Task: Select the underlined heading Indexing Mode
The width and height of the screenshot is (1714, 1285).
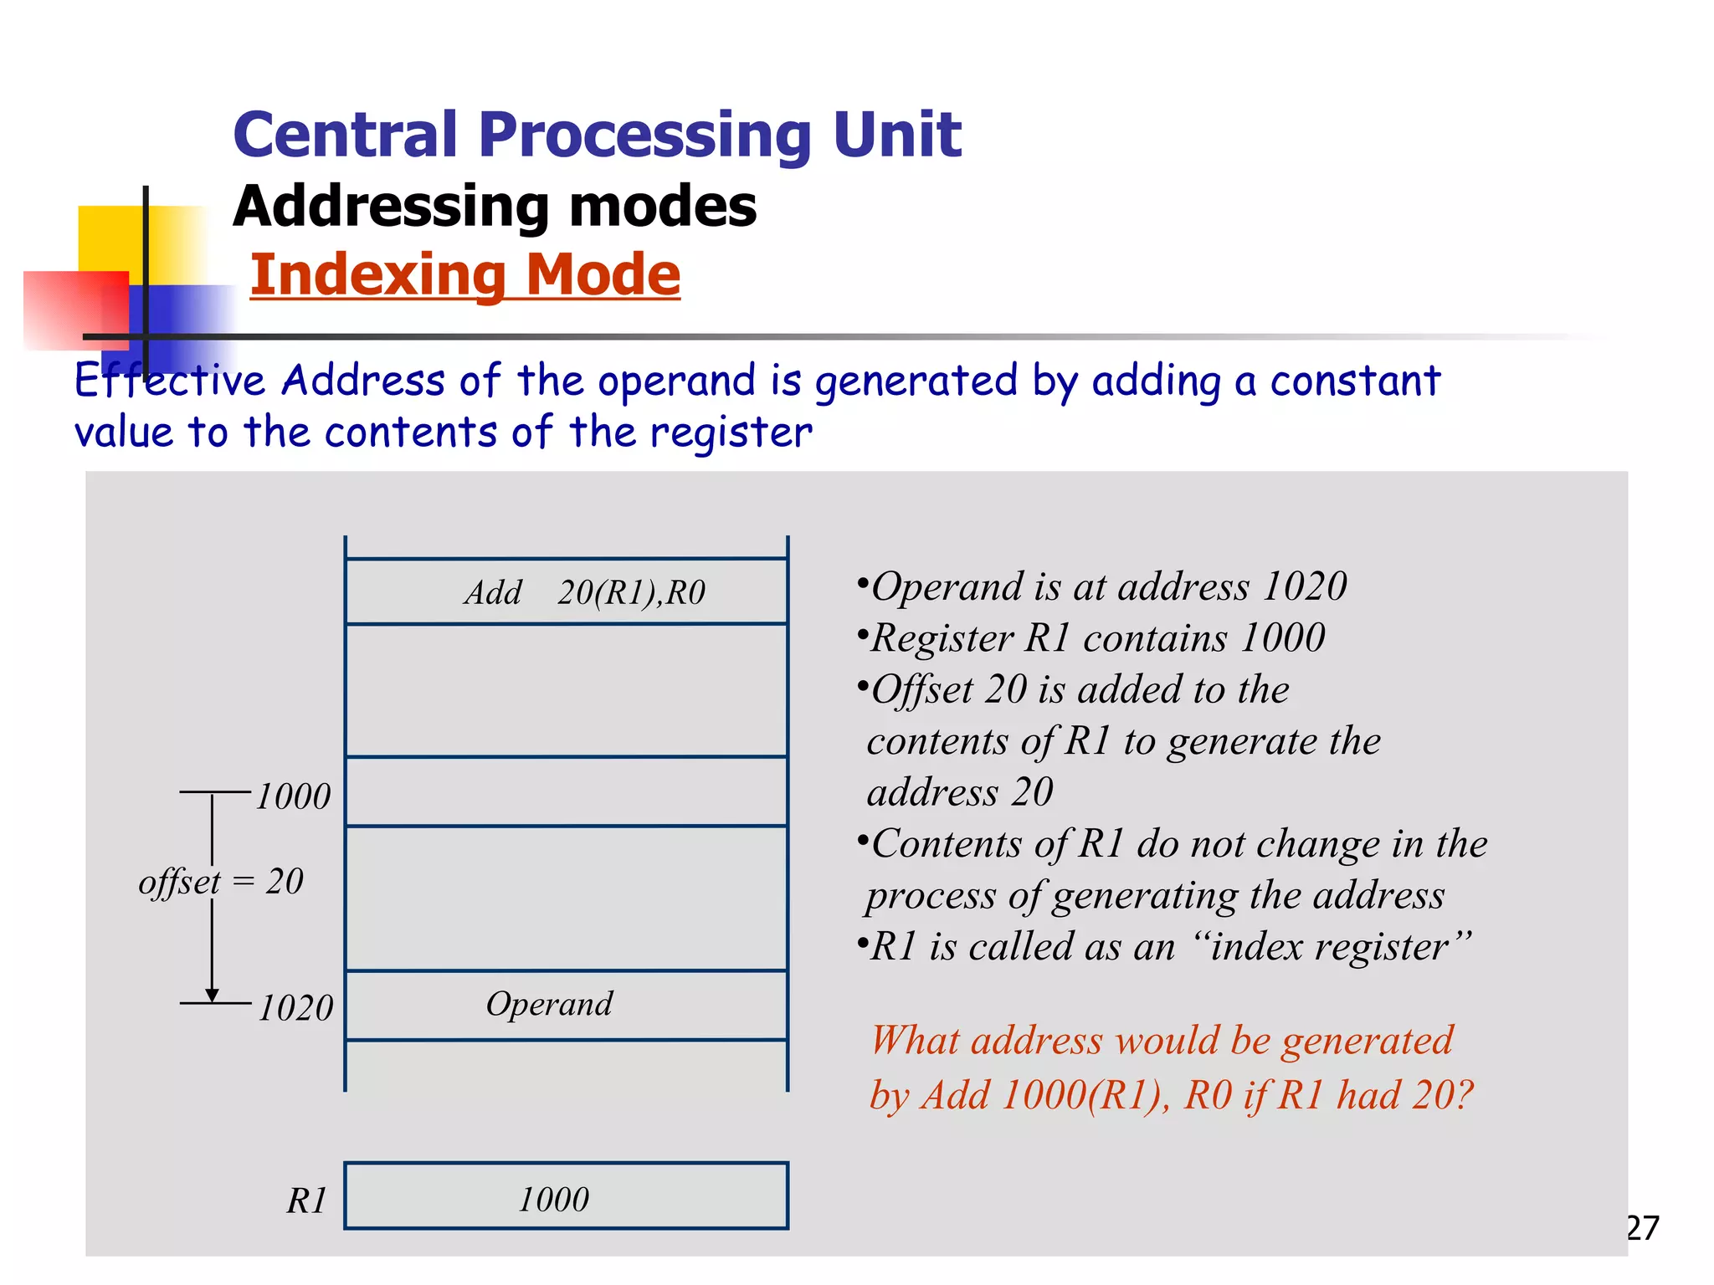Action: coord(465,275)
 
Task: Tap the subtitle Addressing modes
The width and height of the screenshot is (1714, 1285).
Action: coord(495,206)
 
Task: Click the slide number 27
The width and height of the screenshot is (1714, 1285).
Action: coord(1642,1228)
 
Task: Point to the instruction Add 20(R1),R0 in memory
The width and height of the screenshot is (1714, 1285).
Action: coord(585,592)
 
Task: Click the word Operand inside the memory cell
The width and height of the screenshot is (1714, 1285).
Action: coord(549,1004)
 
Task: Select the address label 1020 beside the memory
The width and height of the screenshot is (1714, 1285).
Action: coord(295,1008)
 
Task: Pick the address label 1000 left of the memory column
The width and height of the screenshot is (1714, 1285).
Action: coord(293,796)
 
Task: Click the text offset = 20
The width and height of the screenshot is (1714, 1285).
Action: coord(221,882)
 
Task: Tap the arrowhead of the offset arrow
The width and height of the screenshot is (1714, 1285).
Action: coord(213,995)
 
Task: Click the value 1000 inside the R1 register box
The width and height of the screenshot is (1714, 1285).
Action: coord(553,1200)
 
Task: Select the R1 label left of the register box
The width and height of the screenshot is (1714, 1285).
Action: coord(306,1201)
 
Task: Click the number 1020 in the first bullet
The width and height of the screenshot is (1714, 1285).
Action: coord(1304,586)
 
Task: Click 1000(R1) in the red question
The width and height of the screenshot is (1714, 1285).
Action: coord(1085,1095)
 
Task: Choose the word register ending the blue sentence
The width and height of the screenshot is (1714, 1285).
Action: coord(730,433)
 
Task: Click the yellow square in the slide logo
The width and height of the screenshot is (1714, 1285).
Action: coord(109,238)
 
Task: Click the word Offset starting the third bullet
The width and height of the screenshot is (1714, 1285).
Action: coord(922,690)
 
